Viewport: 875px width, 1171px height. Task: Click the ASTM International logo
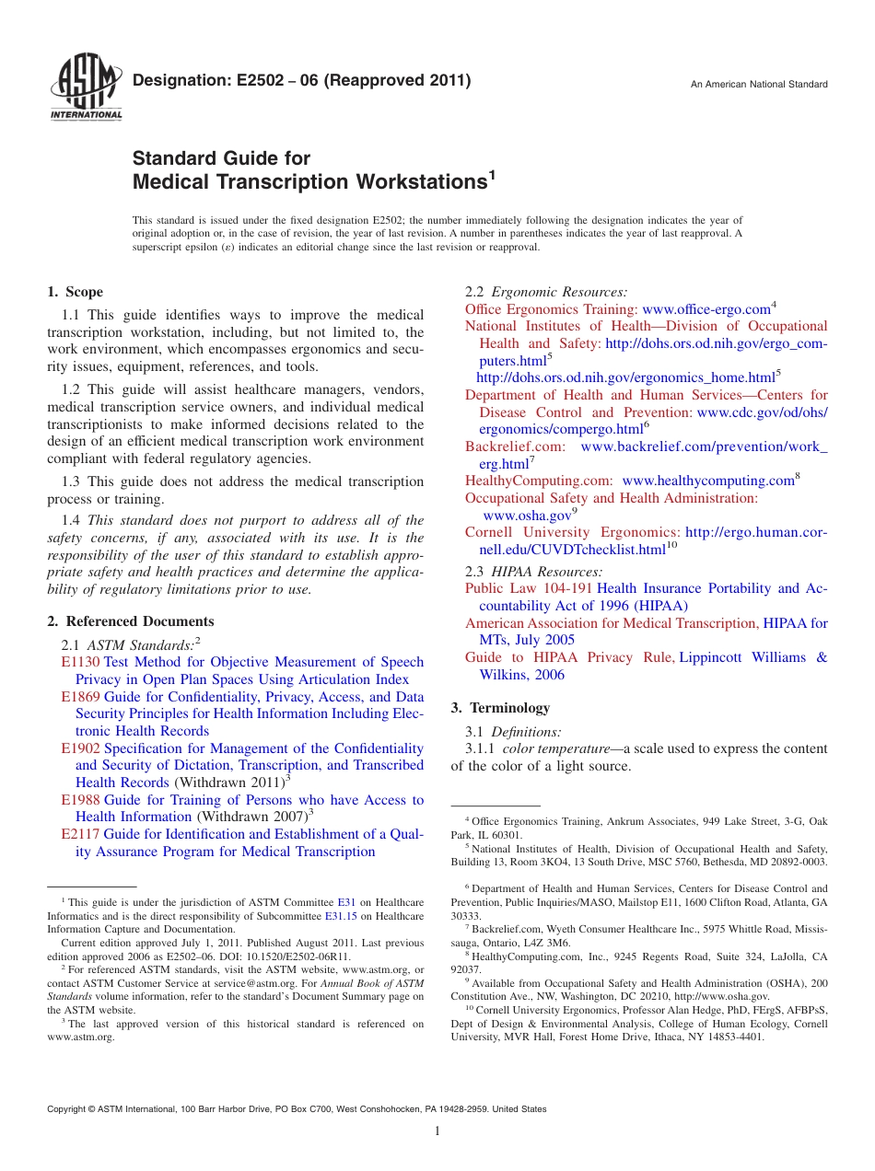point(86,88)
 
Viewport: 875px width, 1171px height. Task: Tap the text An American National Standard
point(759,85)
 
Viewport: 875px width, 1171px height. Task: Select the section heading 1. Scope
point(76,292)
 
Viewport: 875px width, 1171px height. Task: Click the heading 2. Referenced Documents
point(131,621)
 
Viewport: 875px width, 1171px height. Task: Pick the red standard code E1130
point(80,662)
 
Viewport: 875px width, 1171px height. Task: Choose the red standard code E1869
point(80,697)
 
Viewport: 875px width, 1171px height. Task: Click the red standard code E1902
point(80,748)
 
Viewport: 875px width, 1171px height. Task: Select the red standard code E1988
point(80,800)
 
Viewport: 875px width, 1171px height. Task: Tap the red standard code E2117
point(80,834)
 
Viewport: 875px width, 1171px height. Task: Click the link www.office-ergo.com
point(706,309)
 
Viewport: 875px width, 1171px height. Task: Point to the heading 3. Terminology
point(500,708)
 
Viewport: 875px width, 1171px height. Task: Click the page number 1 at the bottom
point(437,1130)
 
